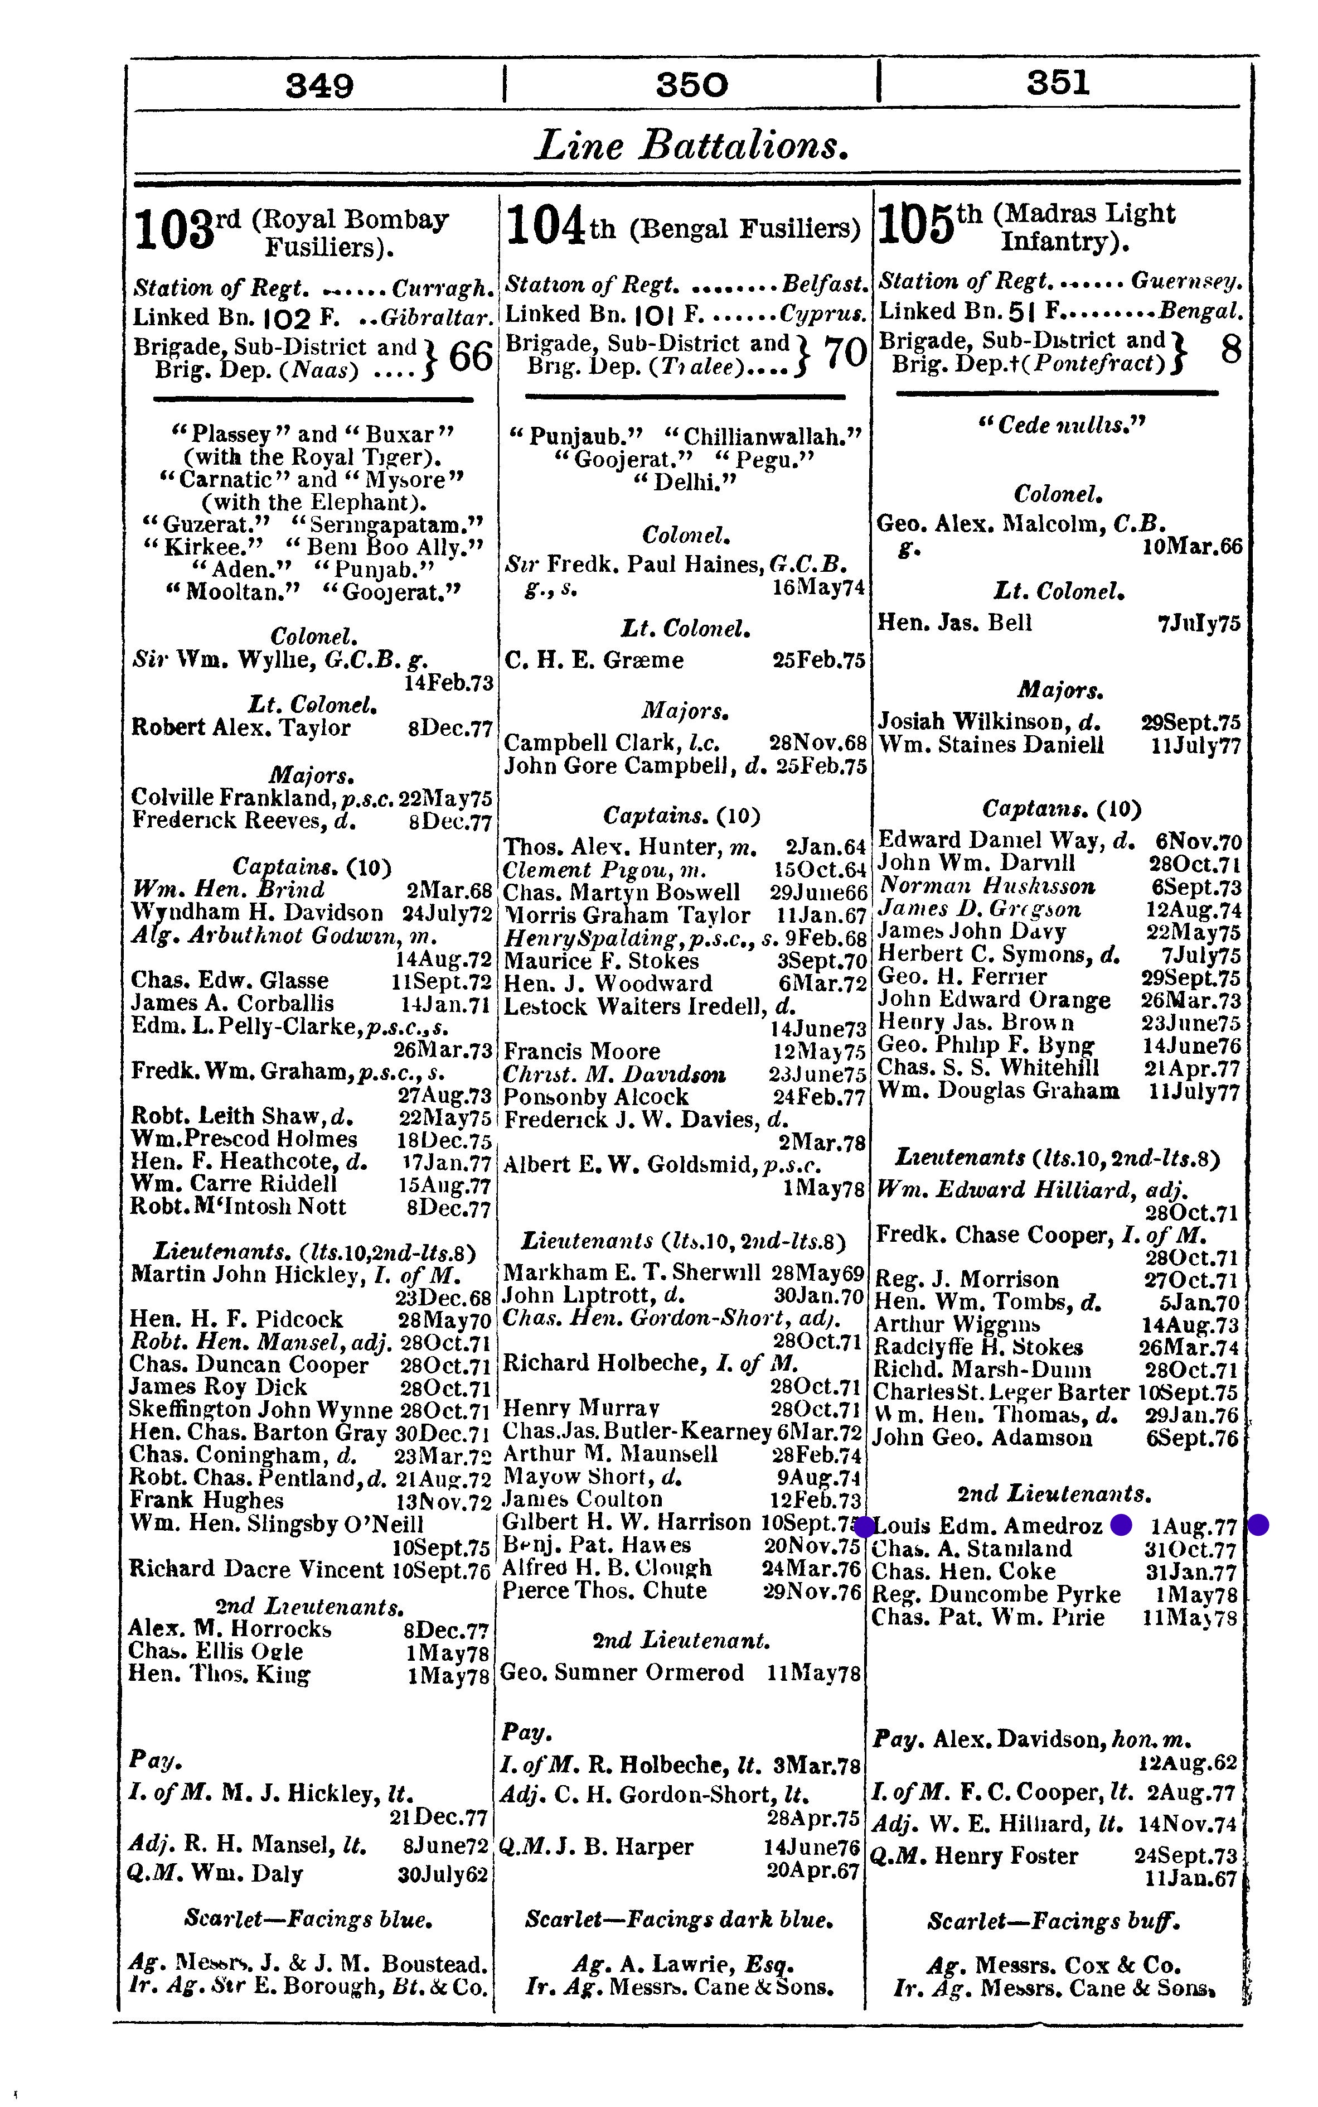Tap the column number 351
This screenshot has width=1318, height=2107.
[x=1058, y=83]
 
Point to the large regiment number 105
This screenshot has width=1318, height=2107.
[x=915, y=225]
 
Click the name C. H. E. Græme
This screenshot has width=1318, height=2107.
[x=594, y=660]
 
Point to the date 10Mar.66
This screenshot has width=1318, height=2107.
[x=1191, y=547]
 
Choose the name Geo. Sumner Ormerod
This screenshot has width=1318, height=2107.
[x=623, y=1672]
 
